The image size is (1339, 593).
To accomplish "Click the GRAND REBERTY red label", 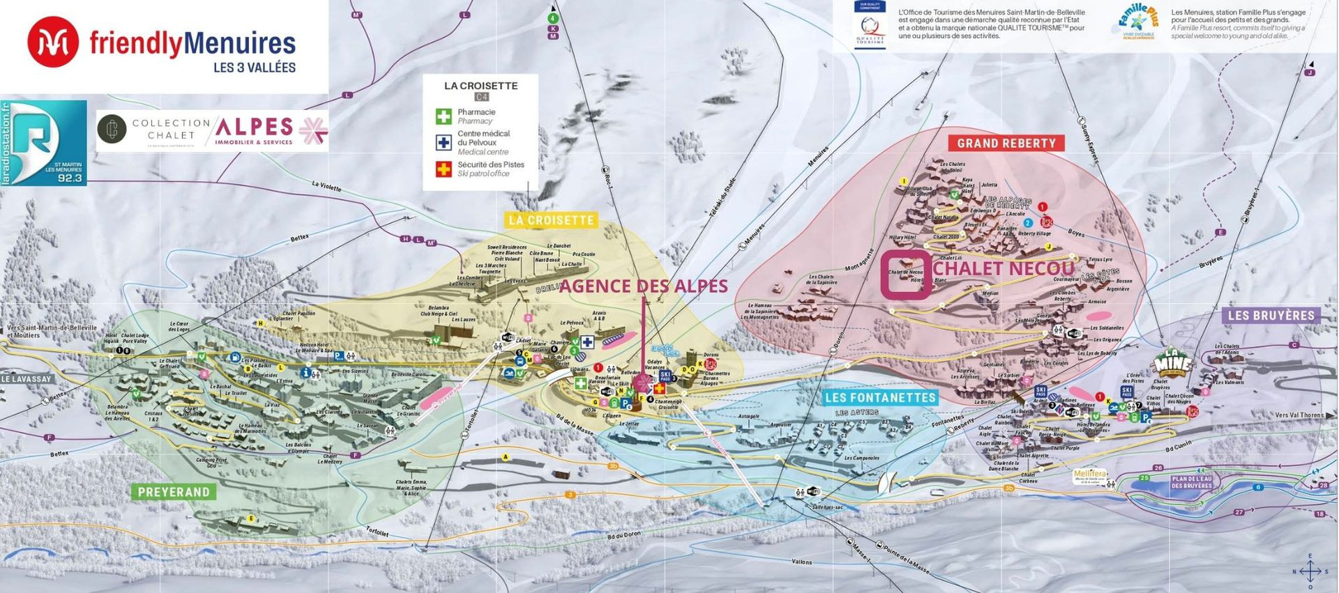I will [1006, 143].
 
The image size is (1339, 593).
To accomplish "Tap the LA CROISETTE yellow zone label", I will [551, 220].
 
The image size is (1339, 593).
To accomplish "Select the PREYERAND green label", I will [173, 492].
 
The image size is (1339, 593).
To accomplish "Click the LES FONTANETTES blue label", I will [879, 397].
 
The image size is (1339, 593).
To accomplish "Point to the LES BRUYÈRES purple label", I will [1271, 315].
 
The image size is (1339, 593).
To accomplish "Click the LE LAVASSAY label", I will [27, 379].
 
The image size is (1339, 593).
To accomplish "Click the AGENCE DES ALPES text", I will [643, 286].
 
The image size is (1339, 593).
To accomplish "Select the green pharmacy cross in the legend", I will [444, 116].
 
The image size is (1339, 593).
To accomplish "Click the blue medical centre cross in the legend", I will [444, 142].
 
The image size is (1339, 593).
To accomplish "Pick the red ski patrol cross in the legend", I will [444, 169].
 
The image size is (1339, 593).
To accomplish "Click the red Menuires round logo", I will [53, 43].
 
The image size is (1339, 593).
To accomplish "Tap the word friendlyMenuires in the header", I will [192, 43].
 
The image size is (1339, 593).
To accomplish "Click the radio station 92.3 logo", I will [43, 143].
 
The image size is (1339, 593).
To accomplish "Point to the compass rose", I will [1309, 571].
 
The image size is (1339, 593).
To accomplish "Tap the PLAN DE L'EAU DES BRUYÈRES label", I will [1191, 482].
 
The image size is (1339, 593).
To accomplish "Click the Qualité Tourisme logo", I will [870, 24].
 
